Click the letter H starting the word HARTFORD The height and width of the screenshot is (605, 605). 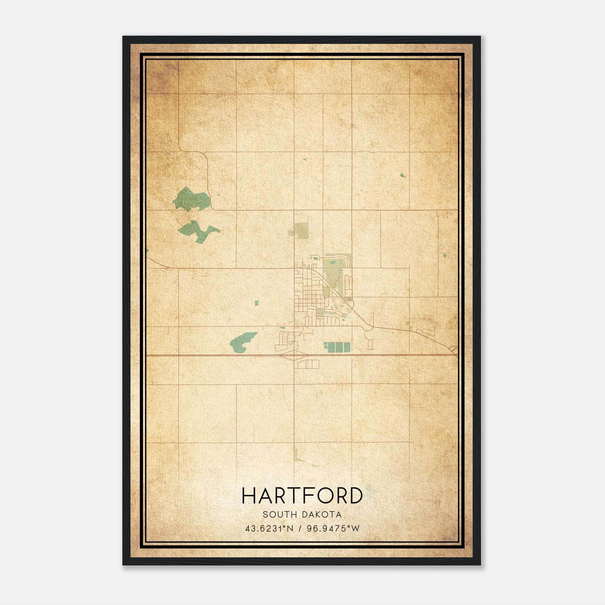(249, 496)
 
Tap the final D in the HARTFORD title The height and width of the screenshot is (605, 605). (355, 496)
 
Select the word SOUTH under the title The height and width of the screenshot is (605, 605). (279, 515)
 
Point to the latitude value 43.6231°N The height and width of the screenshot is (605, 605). (269, 529)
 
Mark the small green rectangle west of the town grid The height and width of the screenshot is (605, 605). (256, 303)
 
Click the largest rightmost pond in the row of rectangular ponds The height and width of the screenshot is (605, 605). (346, 347)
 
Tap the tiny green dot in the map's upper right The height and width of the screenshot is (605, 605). (402, 175)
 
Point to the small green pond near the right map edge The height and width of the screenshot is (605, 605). (445, 255)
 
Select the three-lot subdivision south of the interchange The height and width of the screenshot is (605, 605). (308, 364)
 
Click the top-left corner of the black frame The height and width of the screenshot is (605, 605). (124, 37)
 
